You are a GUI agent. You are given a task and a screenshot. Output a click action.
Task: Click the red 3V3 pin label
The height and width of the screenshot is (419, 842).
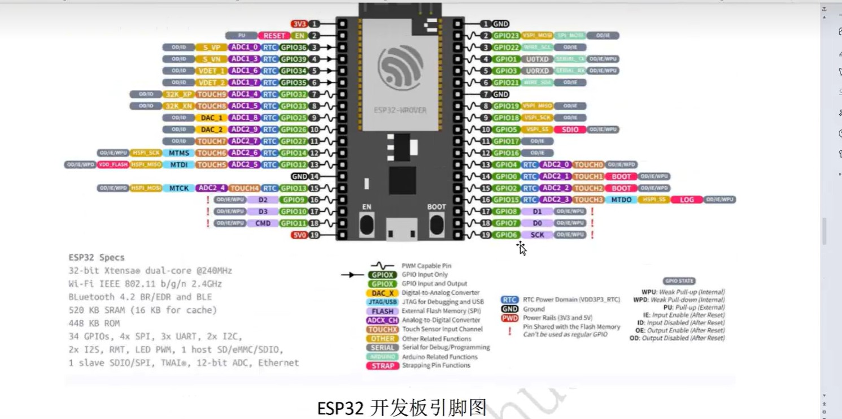click(x=299, y=24)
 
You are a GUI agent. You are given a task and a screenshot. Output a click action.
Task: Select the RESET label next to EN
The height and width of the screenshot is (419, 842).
click(x=274, y=36)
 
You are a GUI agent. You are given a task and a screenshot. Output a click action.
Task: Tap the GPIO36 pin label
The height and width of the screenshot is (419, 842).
click(x=294, y=47)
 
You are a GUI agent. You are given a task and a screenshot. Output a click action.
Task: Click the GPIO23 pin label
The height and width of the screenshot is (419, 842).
click(x=505, y=36)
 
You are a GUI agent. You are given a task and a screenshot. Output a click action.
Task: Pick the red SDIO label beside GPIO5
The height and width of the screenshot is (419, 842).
click(x=570, y=129)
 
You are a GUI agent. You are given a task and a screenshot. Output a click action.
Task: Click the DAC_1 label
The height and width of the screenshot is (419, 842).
click(x=211, y=118)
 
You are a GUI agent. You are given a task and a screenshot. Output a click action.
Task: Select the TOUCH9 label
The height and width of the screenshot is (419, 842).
click(x=211, y=94)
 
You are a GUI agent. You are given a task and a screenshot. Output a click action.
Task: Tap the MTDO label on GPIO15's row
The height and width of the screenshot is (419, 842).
click(x=621, y=200)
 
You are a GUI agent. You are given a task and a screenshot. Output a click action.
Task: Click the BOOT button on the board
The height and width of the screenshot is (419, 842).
click(x=436, y=224)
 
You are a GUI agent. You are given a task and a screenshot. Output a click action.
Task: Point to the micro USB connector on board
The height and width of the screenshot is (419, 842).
click(x=402, y=229)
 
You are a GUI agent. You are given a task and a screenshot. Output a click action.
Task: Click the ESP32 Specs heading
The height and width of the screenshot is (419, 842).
click(x=97, y=257)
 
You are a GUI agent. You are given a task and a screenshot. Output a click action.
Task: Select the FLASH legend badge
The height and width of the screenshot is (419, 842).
click(x=382, y=311)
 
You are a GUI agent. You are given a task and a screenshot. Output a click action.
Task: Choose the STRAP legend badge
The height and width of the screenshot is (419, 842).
click(x=382, y=366)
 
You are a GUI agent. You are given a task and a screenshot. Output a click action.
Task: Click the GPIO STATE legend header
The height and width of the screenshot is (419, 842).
click(x=679, y=281)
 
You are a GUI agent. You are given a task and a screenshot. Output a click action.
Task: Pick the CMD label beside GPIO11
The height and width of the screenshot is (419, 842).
click(x=263, y=223)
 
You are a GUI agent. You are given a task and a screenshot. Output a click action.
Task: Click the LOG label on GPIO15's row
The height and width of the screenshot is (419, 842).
click(x=686, y=200)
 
